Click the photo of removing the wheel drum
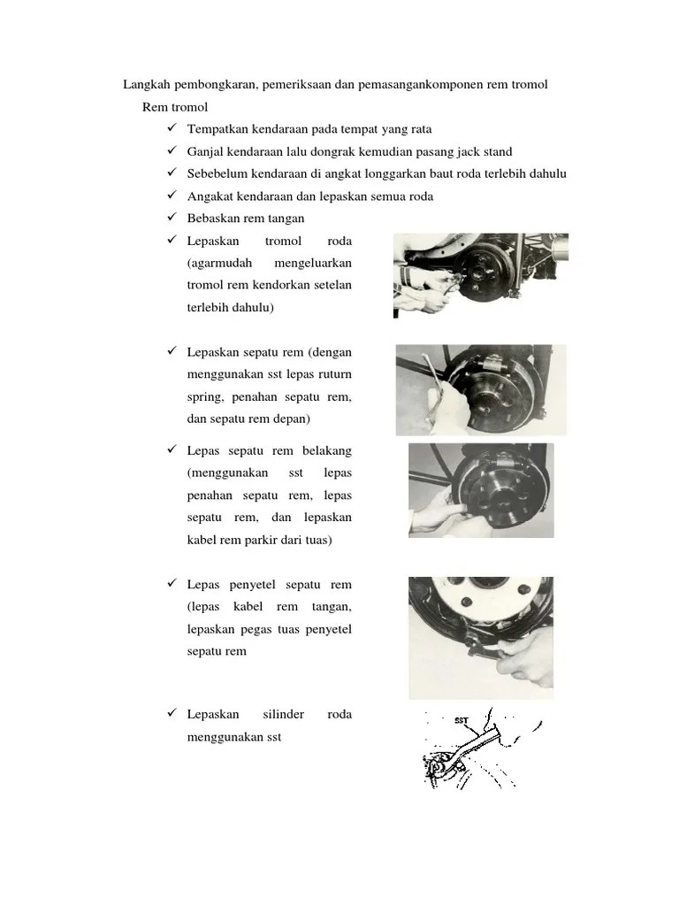(x=480, y=275)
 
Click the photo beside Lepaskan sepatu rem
(x=480, y=390)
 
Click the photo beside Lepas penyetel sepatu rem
(x=480, y=638)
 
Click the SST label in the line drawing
(x=462, y=720)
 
